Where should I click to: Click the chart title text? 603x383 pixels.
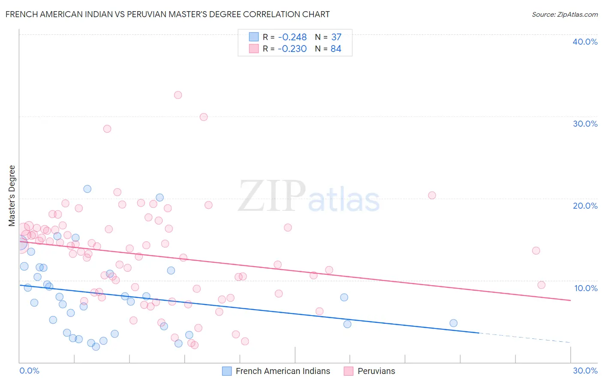[x=168, y=14]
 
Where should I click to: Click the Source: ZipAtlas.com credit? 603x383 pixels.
[x=564, y=15]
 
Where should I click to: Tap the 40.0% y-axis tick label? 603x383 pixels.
[x=585, y=42]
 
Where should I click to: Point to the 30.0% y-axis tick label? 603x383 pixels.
[x=585, y=124]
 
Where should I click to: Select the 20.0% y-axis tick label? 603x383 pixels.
[x=585, y=206]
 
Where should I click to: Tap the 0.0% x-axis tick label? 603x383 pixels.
[x=29, y=371]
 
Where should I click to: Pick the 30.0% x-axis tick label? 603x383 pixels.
[x=585, y=371]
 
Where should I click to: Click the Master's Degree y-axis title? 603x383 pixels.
[x=12, y=195]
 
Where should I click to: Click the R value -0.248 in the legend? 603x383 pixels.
[x=292, y=37]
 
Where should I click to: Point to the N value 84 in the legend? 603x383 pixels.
[x=336, y=49]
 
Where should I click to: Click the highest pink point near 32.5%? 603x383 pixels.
[x=178, y=95]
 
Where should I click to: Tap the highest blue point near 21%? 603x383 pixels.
[x=87, y=189]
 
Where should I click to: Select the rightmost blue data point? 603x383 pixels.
[x=453, y=323]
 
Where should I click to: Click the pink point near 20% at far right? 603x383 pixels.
[x=432, y=195]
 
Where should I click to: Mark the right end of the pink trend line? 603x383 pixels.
[x=570, y=300]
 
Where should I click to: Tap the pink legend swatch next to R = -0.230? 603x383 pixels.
[x=254, y=49]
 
